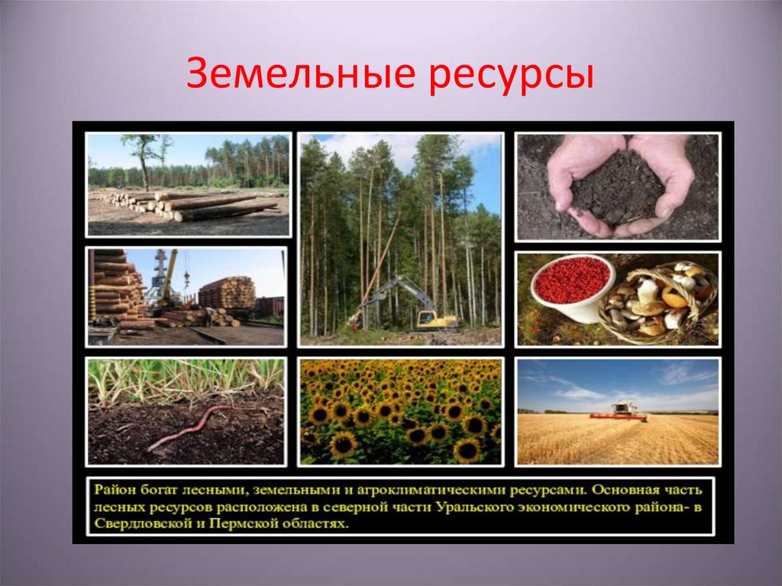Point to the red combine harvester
(x=619, y=413)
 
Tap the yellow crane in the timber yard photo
(x=169, y=275)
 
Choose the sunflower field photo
(x=400, y=411)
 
